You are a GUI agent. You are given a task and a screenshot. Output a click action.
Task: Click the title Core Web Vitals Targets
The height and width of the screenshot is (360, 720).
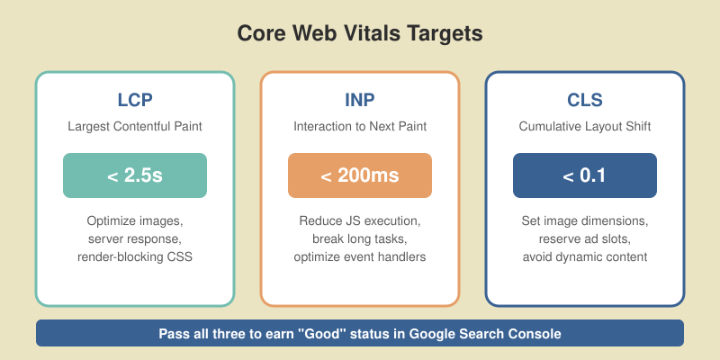(x=360, y=33)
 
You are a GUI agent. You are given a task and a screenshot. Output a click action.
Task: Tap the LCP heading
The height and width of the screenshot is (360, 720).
(x=135, y=100)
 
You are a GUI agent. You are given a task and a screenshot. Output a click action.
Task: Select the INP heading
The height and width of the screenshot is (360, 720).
(x=360, y=100)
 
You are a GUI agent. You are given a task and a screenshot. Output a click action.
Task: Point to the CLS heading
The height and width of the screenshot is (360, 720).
(x=585, y=100)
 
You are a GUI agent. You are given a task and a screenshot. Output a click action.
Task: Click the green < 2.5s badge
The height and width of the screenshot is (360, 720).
(x=135, y=175)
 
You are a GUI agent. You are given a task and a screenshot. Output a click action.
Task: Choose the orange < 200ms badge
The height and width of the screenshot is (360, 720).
(x=360, y=175)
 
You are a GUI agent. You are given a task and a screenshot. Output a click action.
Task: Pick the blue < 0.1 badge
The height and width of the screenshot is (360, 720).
(x=585, y=175)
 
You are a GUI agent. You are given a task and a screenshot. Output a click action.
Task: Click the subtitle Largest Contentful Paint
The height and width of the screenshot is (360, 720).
(x=135, y=127)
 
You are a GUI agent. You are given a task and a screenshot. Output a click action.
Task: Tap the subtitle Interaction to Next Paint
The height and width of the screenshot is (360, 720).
(x=360, y=127)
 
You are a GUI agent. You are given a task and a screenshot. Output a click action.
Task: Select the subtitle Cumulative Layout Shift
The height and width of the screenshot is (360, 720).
(x=585, y=127)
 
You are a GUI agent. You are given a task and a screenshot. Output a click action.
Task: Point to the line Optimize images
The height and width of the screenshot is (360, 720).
(x=135, y=221)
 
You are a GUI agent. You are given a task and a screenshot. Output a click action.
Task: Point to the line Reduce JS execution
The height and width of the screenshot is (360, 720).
(x=360, y=221)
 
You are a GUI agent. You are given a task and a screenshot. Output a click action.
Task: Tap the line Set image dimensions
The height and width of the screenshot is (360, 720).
(x=585, y=221)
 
